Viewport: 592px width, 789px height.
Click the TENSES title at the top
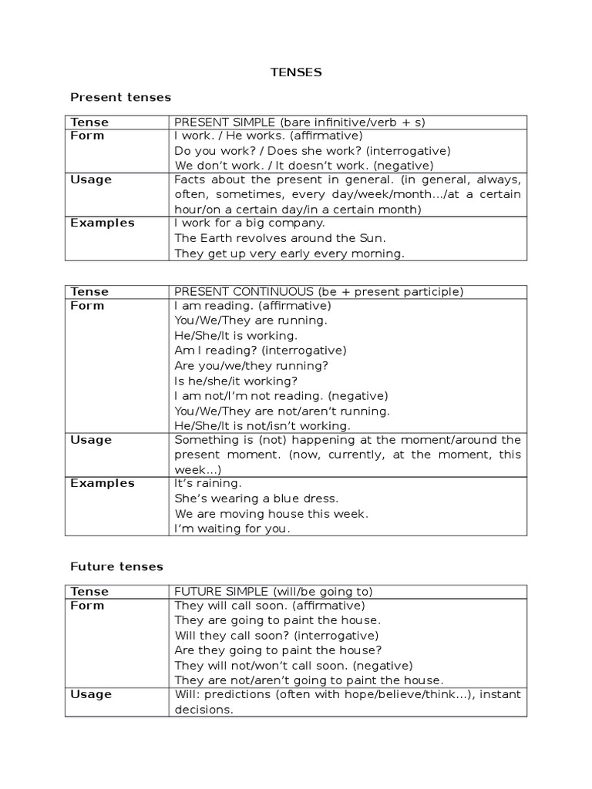point(296,72)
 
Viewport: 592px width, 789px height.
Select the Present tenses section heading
point(120,97)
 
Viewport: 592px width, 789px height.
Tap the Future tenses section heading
point(116,566)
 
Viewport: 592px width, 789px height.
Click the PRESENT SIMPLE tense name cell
point(300,122)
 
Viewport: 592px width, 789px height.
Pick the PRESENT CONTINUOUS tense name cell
point(318,291)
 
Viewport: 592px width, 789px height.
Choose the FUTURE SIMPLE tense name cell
point(274,592)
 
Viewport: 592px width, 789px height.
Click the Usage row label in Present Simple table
point(91,180)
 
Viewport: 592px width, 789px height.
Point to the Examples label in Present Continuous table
point(102,483)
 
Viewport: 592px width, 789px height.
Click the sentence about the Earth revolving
point(280,238)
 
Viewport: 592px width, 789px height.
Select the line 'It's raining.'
point(208,483)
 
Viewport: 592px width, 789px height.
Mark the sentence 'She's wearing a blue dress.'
point(257,499)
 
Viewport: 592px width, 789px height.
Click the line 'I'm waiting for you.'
point(233,529)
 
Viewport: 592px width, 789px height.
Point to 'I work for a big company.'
point(250,223)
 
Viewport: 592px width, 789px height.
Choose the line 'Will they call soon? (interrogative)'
point(277,636)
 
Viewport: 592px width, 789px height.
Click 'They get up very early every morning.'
point(289,253)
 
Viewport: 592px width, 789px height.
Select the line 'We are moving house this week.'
point(271,513)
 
